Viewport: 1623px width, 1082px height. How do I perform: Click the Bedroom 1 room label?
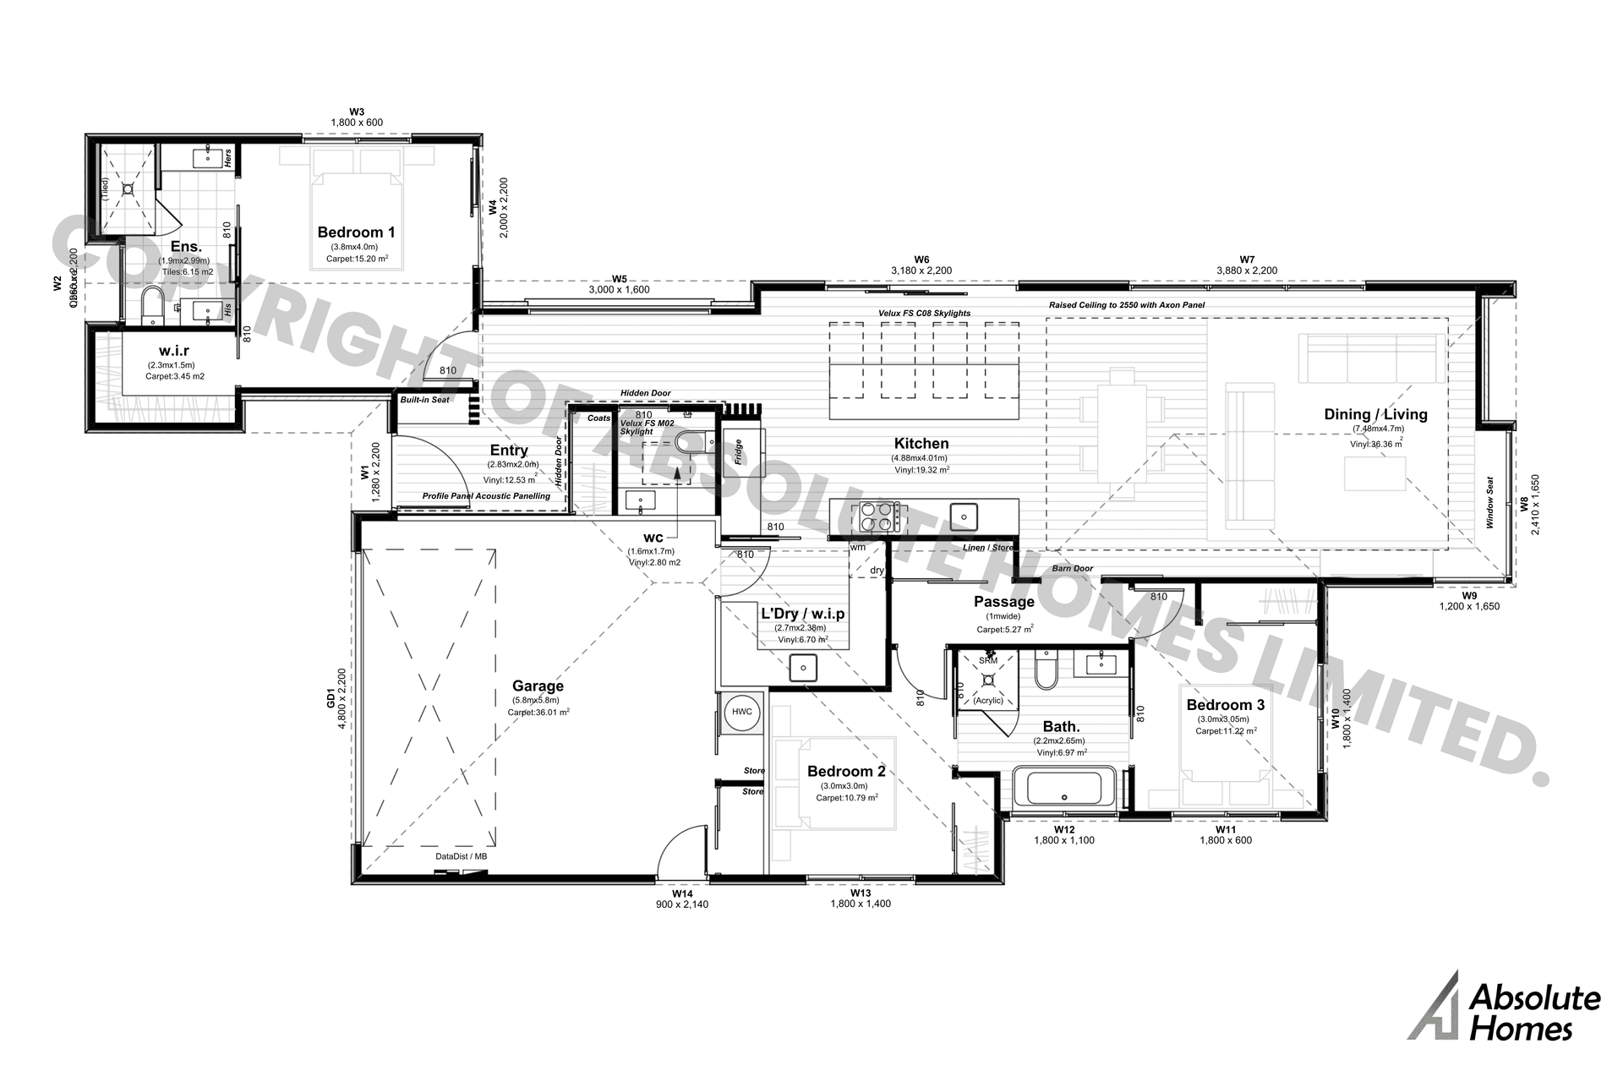point(356,232)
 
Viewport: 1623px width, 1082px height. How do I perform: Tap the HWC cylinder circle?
point(742,712)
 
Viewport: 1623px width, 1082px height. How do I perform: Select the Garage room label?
point(538,686)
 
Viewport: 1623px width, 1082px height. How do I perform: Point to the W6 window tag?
point(921,260)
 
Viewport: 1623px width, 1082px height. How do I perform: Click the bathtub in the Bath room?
point(1064,788)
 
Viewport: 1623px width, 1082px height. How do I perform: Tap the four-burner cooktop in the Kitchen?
point(879,516)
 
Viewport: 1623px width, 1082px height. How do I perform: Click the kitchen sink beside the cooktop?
point(963,515)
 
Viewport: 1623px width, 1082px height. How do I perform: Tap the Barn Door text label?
point(1072,569)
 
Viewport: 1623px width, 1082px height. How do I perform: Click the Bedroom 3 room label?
point(1225,705)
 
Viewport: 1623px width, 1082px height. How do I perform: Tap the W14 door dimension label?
point(682,893)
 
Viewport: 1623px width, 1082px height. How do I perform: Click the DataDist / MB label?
point(461,856)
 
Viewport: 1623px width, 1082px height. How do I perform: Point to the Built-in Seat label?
point(425,400)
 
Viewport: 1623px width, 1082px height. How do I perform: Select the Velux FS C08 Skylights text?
point(924,314)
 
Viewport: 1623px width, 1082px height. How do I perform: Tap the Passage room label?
point(1003,602)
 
